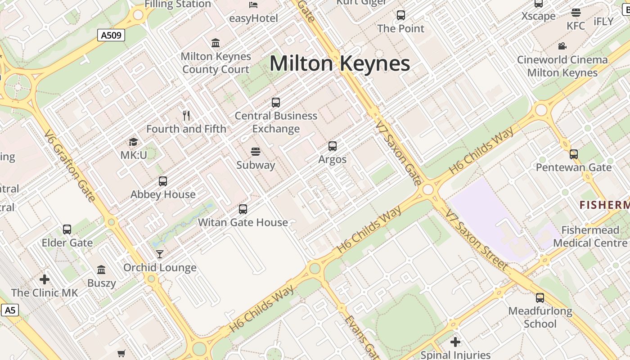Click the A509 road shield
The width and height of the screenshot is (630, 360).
111,35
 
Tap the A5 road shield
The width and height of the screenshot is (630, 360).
10,310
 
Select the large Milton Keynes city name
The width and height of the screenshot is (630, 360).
340,63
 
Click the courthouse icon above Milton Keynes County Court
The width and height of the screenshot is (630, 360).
216,43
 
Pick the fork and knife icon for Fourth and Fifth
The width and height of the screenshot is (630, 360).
187,116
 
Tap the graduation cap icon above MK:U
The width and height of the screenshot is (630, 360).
133,142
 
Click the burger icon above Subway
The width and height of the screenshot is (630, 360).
256,151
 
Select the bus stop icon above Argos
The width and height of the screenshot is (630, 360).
333,146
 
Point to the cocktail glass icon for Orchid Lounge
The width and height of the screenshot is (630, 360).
160,255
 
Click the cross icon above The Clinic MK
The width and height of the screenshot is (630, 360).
45,279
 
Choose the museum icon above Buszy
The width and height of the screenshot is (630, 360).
101,270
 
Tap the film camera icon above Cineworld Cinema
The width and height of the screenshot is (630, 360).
562,46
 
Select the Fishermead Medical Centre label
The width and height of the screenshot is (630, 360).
590,237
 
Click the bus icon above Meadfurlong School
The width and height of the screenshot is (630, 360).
540,298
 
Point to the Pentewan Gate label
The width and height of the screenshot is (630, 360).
574,167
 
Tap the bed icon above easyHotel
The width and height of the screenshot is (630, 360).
253,5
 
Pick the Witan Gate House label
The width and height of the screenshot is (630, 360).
243,222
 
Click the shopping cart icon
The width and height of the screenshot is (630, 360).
121,353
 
